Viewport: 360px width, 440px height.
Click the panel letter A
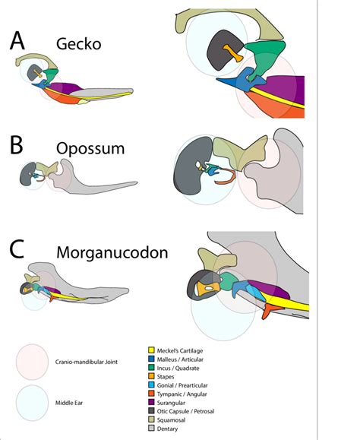[x=20, y=43]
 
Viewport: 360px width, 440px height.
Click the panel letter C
[x=19, y=250]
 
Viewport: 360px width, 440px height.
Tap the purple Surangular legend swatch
[x=152, y=404]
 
